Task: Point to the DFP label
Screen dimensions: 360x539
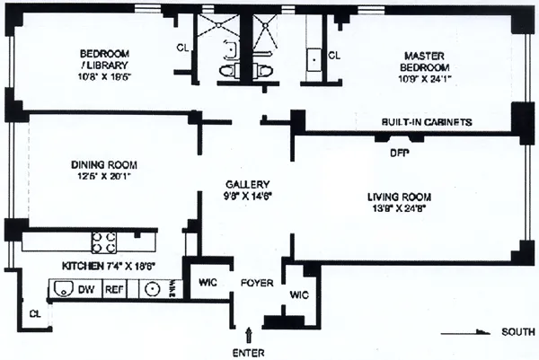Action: [399, 152]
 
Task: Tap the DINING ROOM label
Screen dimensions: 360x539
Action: [107, 164]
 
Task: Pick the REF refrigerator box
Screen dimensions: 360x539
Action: [115, 290]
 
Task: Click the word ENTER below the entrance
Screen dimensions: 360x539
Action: [249, 351]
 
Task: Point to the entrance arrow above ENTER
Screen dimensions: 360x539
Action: [249, 334]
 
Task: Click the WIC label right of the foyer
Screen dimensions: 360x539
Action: [299, 294]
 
